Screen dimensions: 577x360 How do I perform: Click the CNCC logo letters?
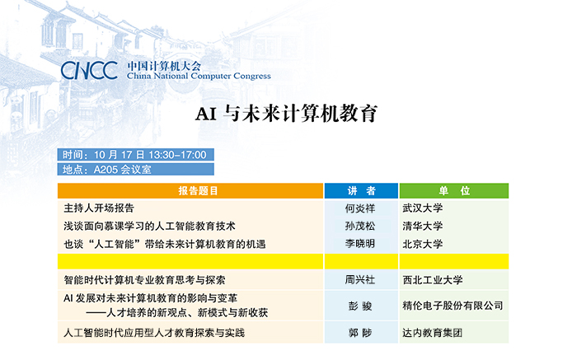(89, 70)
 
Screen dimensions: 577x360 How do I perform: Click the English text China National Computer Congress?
(199, 76)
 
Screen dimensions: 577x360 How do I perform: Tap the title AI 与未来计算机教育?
(286, 113)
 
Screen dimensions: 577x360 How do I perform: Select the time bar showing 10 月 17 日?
(135, 154)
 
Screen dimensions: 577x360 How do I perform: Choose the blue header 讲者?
(361, 191)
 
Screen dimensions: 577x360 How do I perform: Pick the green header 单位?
(454, 191)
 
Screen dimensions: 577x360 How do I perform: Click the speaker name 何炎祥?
(360, 208)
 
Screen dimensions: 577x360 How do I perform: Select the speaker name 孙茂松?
(360, 227)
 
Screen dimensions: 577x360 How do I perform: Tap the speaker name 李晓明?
(360, 244)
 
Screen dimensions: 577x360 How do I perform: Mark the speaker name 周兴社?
(360, 280)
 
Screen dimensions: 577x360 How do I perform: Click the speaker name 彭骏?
(360, 306)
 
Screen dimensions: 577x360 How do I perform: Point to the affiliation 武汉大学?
(422, 208)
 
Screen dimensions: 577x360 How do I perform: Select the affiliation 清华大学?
(422, 227)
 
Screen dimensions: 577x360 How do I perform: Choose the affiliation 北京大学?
(422, 244)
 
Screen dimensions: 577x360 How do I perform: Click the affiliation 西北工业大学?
(433, 280)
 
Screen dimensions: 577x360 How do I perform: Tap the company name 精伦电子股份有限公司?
(453, 306)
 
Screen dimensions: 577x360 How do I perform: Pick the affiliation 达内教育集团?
(433, 333)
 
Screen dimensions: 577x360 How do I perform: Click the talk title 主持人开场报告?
(99, 208)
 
